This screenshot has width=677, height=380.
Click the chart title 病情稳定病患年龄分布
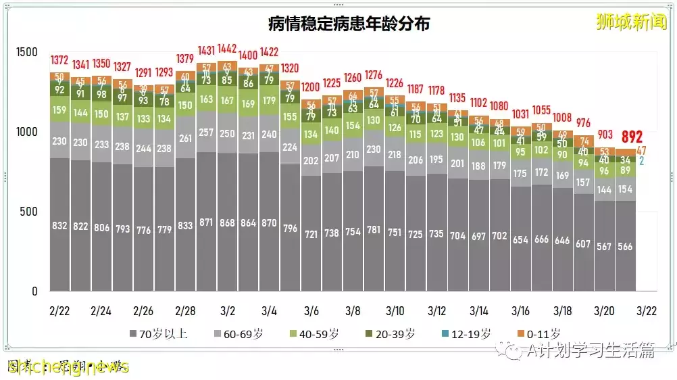click(x=349, y=24)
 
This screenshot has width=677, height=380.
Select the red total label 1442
click(x=227, y=49)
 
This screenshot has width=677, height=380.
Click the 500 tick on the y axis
click(x=29, y=212)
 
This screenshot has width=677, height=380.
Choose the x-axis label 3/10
click(x=395, y=311)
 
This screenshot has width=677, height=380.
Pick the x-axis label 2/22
click(x=59, y=311)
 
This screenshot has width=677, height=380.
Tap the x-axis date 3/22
click(x=646, y=311)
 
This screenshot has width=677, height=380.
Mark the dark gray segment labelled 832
click(x=59, y=226)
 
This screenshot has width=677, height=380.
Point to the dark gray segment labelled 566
click(x=625, y=246)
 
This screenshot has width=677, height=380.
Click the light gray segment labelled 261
click(x=185, y=139)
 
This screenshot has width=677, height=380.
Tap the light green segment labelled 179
click(x=269, y=101)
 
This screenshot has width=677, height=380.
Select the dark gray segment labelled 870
click(x=269, y=221)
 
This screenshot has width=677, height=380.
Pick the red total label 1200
click(x=311, y=87)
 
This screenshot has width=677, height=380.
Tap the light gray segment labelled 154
click(x=625, y=189)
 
